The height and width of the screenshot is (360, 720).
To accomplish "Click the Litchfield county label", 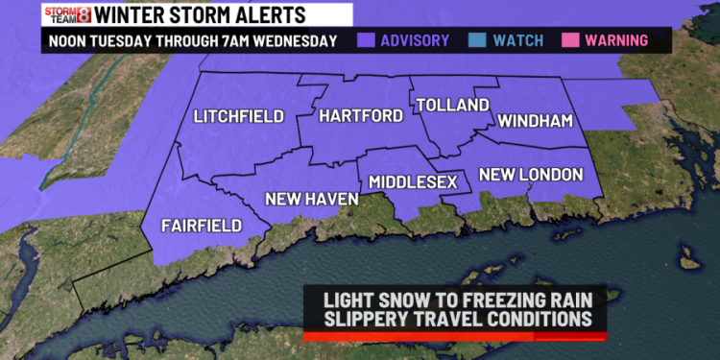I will coord(239,116).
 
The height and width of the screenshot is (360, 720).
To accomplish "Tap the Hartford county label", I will coord(360,116).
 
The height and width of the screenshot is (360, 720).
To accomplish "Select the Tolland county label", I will coord(451,105).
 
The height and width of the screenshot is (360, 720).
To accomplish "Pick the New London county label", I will coord(531,175).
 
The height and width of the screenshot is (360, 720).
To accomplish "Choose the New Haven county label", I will coord(312,199).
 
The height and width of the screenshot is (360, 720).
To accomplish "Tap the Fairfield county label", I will coord(202,226).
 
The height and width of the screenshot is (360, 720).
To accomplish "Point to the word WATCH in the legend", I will coord(518,40).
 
